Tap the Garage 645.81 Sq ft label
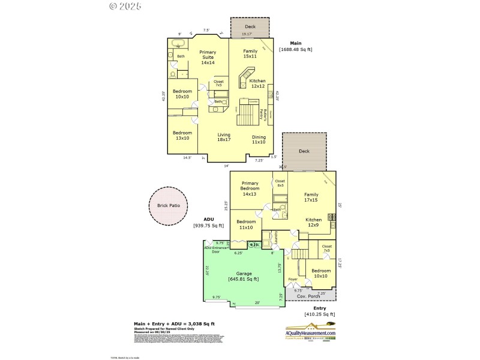243,275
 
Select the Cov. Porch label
310,296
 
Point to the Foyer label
293,280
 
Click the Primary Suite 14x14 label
208,57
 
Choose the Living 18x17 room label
224,137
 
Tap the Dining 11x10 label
259,139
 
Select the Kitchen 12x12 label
257,83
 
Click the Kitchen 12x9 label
314,223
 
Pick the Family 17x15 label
311,197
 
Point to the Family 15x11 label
250,54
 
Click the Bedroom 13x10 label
182,135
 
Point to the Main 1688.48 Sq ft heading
296,46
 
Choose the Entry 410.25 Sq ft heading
319,311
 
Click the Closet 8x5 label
280,183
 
